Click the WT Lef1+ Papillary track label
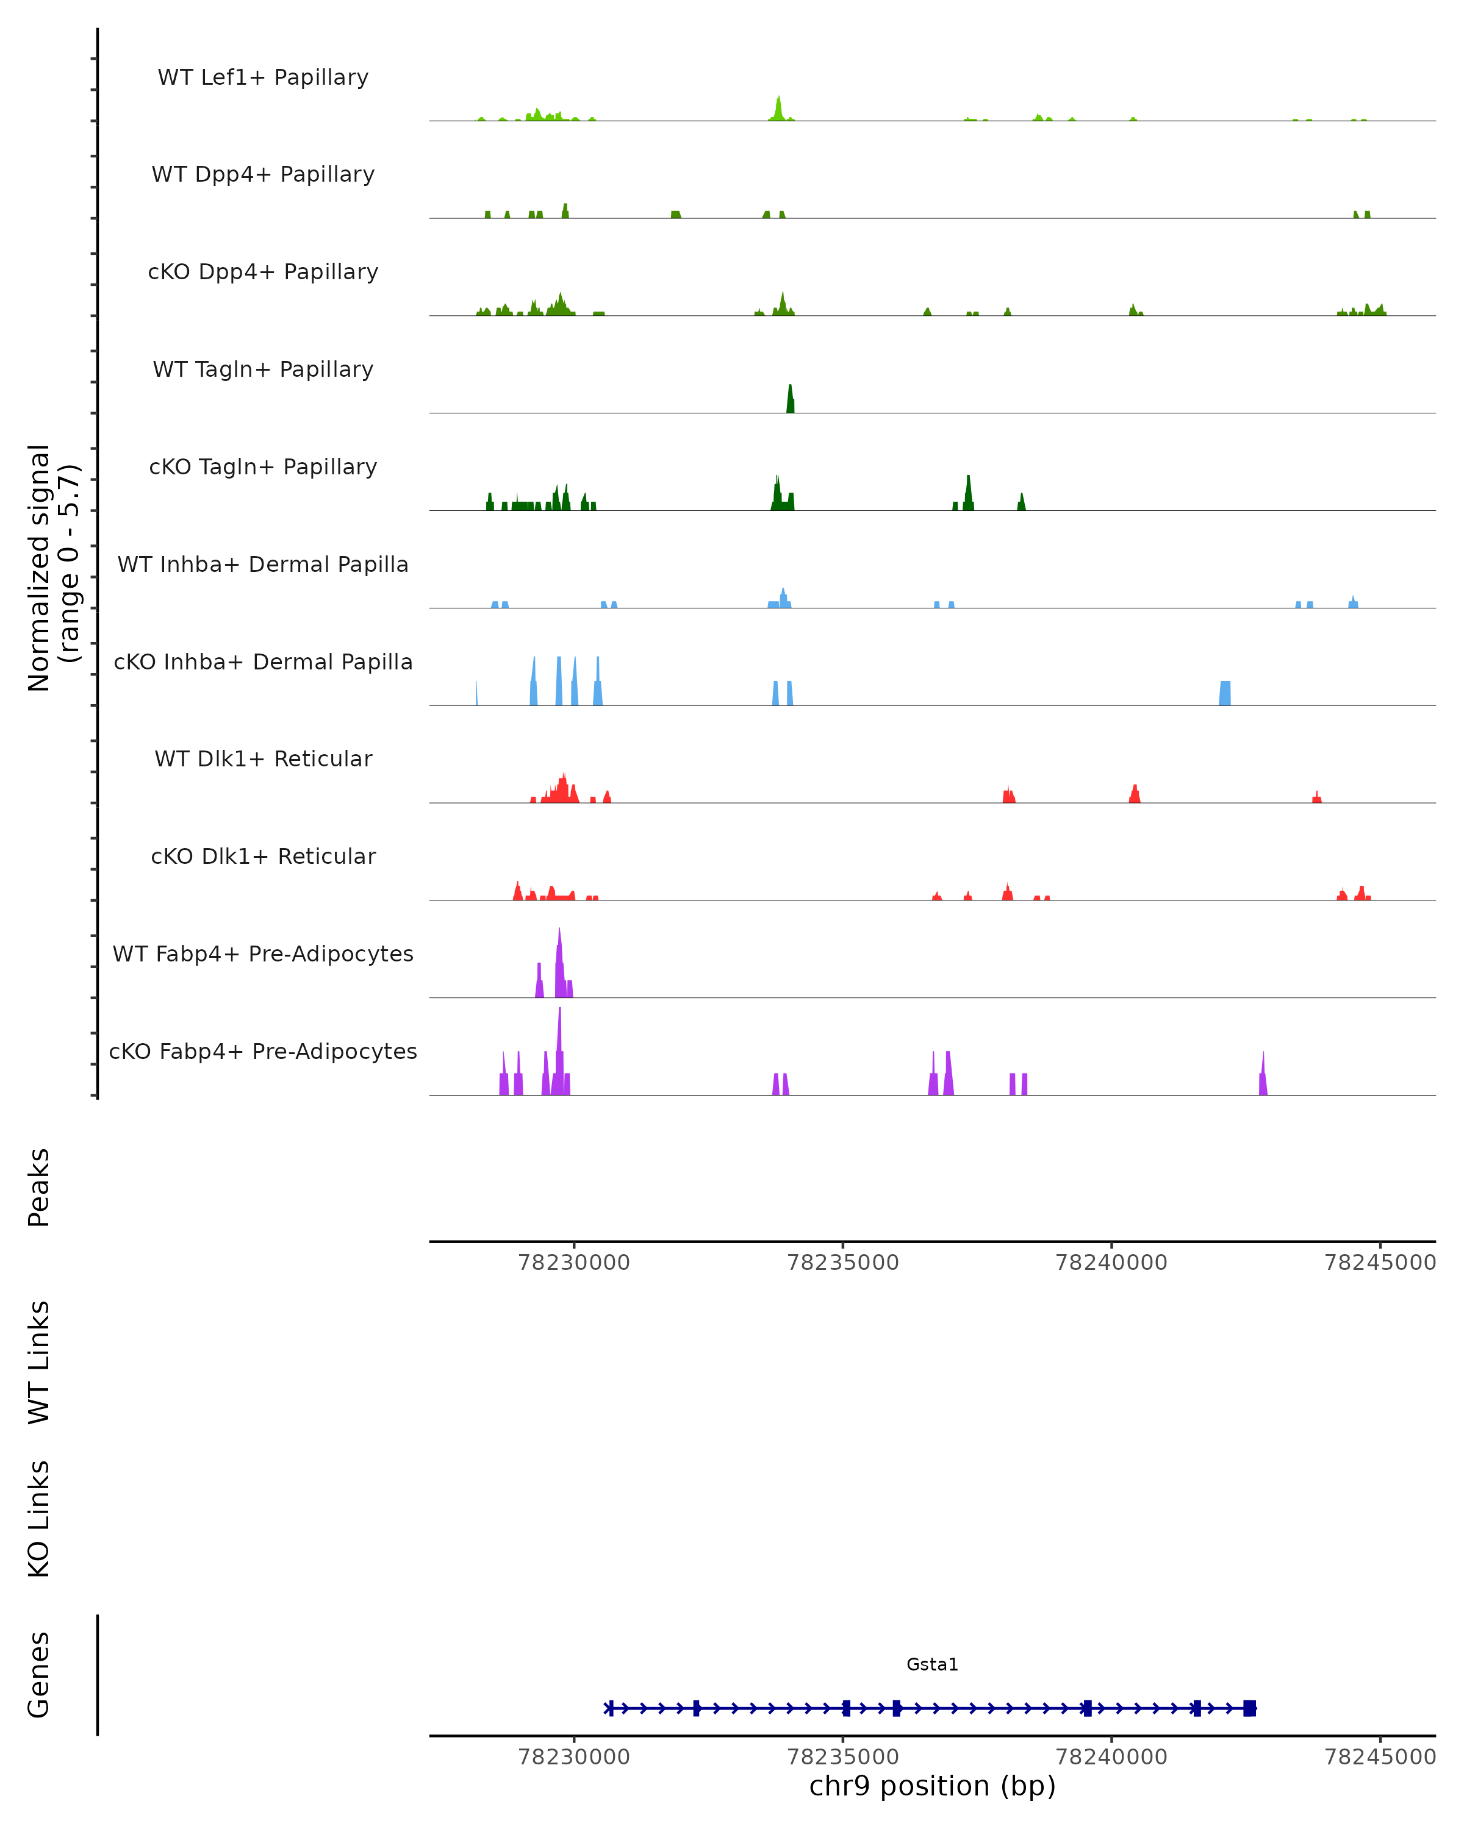263,77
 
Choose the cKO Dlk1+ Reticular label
263,856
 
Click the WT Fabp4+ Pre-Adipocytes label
263,954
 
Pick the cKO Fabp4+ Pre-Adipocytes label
263,1051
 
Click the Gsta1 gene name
932,1664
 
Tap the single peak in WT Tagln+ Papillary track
790,399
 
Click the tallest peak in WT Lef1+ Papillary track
778,109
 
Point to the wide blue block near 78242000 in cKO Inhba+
1225,693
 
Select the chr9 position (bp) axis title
932,1786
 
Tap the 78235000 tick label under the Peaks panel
843,1263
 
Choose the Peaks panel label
39,1187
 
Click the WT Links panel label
39,1361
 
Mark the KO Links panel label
39,1519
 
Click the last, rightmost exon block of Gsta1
1249,1708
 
